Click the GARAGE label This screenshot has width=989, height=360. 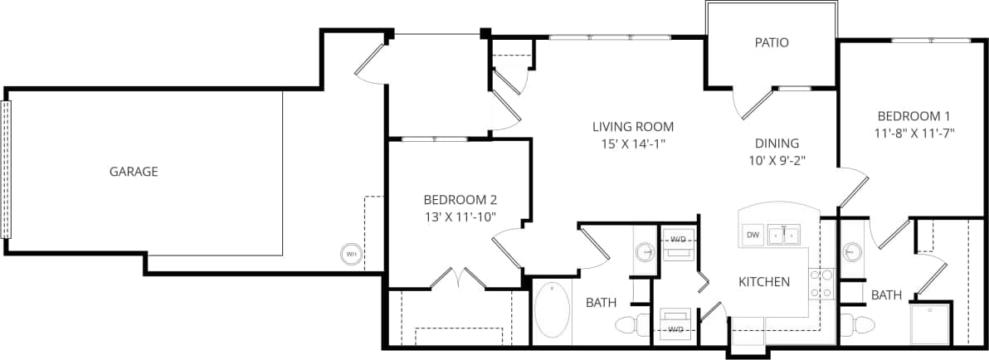134,172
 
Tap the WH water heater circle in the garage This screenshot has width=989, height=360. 352,253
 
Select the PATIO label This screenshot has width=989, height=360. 771,42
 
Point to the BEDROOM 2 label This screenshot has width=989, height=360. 460,199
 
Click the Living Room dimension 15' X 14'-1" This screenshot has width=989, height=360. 632,143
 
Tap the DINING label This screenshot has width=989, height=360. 777,143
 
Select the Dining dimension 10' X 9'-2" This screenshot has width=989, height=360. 777,158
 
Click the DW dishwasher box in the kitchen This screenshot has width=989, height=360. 753,236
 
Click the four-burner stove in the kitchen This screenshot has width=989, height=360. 821,284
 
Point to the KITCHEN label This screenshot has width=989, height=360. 763,282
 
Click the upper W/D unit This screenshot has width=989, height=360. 678,242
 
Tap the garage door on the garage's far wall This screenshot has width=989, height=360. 8,169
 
